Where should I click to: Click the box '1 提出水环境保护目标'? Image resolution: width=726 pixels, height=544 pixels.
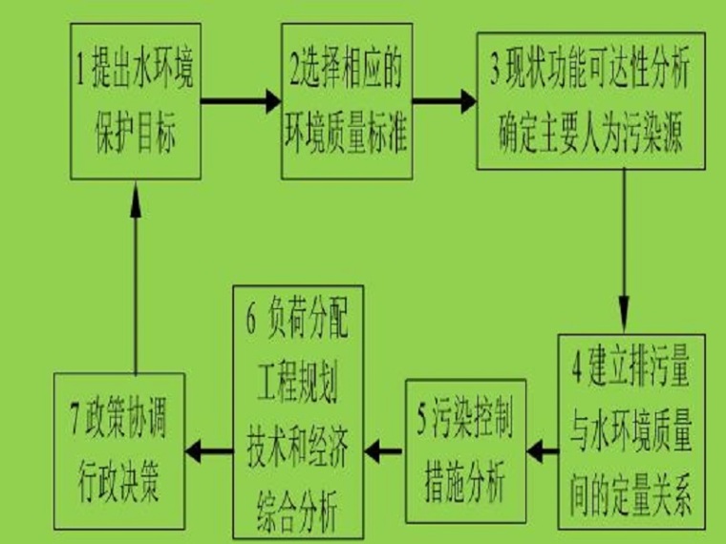click(134, 100)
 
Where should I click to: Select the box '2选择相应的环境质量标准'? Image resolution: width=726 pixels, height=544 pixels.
click(346, 100)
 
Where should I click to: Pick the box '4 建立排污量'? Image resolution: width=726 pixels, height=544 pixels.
click(632, 429)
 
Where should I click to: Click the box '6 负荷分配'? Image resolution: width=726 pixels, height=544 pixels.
click(298, 412)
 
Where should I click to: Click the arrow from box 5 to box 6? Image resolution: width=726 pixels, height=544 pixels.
click(384, 448)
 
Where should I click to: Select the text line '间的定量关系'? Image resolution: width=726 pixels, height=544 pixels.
click(632, 494)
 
